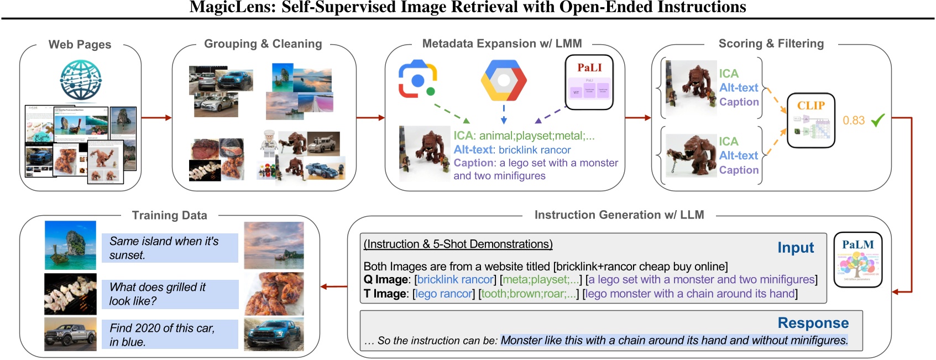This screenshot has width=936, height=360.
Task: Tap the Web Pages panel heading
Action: coord(80,44)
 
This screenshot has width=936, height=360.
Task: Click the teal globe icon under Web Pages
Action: coord(81,80)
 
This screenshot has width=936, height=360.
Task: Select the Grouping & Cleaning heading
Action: coord(263,44)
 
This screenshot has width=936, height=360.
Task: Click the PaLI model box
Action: coord(589,82)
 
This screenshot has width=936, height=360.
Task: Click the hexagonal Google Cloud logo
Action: coord(503,81)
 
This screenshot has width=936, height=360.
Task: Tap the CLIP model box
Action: coord(810,120)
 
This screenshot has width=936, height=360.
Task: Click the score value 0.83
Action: coord(853,120)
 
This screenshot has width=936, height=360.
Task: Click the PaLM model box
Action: coord(857,259)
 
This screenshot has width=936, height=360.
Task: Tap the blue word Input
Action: coord(795,248)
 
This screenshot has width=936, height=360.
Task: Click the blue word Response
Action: coord(813,323)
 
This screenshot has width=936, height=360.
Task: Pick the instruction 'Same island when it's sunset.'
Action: coord(169,248)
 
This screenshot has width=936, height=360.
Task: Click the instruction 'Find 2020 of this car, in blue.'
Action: coord(169,335)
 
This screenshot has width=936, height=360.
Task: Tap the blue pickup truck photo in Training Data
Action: coord(274,335)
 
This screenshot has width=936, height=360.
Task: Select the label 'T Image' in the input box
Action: coord(385,294)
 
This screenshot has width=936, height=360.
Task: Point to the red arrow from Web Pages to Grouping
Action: coord(156,117)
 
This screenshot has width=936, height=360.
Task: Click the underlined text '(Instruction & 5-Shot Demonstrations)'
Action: coord(458,244)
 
